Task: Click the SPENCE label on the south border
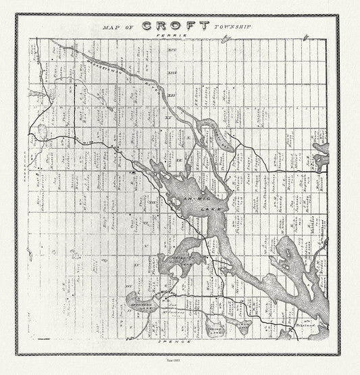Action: [x=179, y=343]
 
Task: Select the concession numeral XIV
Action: [x=171, y=51]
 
